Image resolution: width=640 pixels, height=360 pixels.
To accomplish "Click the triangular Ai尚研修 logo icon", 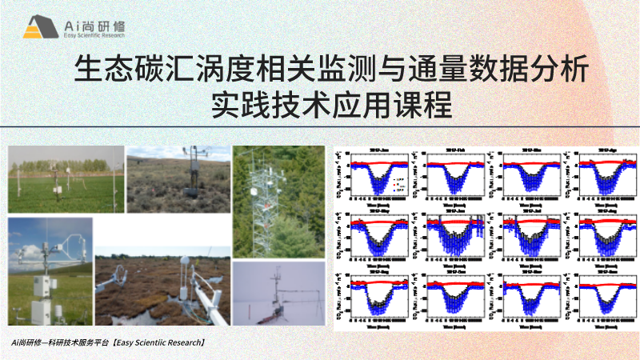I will point(36,28).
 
